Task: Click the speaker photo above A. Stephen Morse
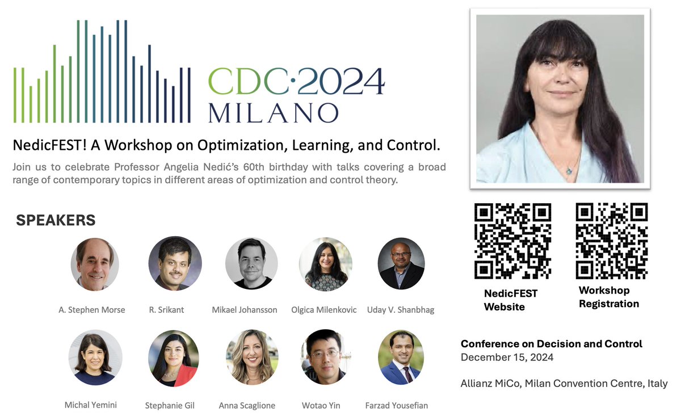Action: point(95,264)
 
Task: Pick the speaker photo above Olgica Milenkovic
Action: point(326,264)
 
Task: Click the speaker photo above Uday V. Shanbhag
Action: point(401,264)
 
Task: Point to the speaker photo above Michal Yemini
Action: point(95,358)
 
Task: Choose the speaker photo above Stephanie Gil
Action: point(174,358)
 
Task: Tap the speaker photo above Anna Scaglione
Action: point(251,358)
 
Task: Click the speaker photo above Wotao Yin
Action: point(326,358)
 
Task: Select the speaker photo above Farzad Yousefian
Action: point(401,358)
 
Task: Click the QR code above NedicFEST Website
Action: point(512,241)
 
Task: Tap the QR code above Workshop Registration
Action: point(612,241)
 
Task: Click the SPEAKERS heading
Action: point(56,220)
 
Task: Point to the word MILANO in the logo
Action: point(273,112)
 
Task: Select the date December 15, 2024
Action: point(507,358)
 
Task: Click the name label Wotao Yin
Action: point(321,405)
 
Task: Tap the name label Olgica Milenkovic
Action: point(323,310)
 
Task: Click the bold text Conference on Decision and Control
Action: point(551,344)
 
